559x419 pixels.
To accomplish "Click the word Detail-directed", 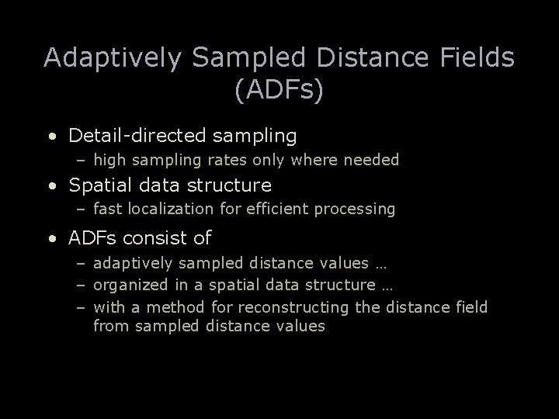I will pos(135,137).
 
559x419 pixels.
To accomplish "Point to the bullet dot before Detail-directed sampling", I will pos(50,137).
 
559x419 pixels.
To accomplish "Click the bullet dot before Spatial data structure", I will pos(50,186).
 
